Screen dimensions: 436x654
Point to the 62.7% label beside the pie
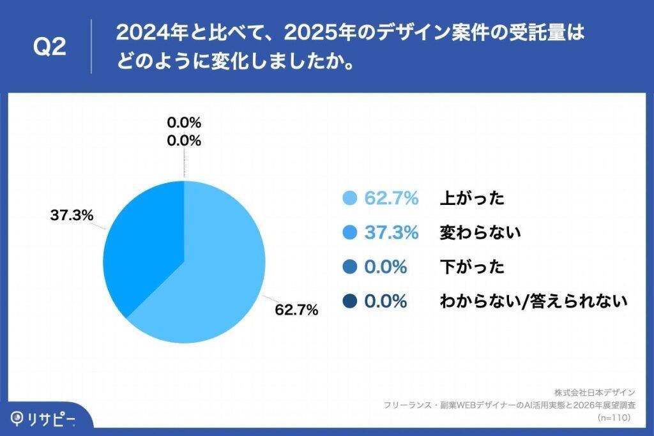tap(296, 311)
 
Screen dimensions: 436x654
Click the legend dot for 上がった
tap(349, 199)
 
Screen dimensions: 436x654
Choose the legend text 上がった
tap(472, 199)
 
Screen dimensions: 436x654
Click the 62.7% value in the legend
tap(391, 199)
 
